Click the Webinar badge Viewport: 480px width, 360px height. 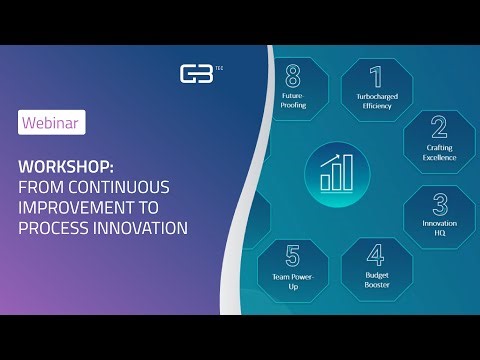[x=51, y=122]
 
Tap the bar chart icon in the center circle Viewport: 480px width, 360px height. [x=337, y=172]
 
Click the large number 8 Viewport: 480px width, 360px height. [x=293, y=77]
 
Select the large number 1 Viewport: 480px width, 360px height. [x=376, y=77]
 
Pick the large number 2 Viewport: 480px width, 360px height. [x=438, y=127]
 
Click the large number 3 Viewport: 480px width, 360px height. [x=439, y=204]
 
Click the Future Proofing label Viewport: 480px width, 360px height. [x=293, y=100]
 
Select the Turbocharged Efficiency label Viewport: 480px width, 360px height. [x=376, y=100]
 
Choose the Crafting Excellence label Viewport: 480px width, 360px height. [x=438, y=152]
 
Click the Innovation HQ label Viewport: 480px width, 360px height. [x=439, y=228]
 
